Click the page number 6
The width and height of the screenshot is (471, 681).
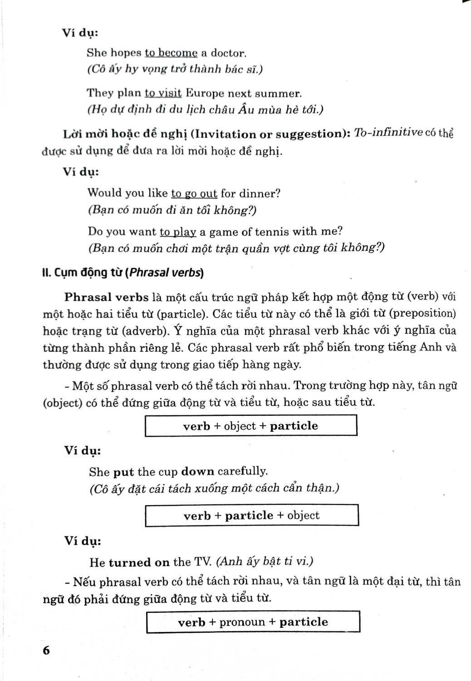(46, 650)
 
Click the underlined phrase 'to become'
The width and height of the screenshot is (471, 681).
(171, 53)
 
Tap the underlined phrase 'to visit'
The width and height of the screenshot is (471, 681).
(163, 94)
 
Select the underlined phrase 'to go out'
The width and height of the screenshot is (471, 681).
(194, 193)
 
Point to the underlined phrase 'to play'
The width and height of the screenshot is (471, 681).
(178, 232)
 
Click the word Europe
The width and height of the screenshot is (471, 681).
(205, 94)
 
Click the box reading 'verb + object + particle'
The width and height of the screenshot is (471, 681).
(250, 426)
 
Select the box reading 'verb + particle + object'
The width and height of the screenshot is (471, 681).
(251, 515)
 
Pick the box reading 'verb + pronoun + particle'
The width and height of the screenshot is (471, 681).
(253, 622)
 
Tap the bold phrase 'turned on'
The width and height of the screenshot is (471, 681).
(139, 562)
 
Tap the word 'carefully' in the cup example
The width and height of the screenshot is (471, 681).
(243, 471)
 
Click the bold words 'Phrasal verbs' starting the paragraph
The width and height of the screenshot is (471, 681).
(106, 297)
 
